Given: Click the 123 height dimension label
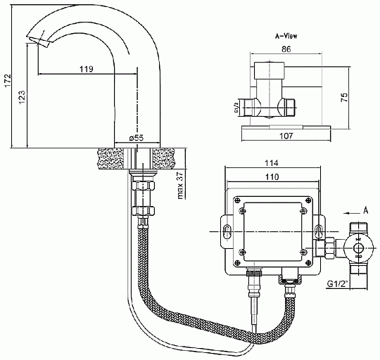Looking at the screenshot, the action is pyautogui.click(x=22, y=97).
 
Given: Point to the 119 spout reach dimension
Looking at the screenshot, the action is pyautogui.click(x=87, y=69).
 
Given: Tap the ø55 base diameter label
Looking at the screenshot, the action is pyautogui.click(x=137, y=138).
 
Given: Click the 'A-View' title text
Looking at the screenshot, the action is pyautogui.click(x=286, y=36).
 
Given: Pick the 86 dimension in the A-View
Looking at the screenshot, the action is pyautogui.click(x=286, y=49).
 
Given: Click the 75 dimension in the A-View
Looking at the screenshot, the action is pyautogui.click(x=344, y=97).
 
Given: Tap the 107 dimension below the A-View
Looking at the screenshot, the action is pyautogui.click(x=286, y=136).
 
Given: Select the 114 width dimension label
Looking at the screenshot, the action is pyautogui.click(x=271, y=163).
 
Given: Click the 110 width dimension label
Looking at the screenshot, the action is pyautogui.click(x=272, y=177).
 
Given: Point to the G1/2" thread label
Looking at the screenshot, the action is pyautogui.click(x=338, y=283).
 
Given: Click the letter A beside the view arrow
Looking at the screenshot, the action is pyautogui.click(x=365, y=210).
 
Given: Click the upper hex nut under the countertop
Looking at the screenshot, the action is pyautogui.click(x=143, y=186).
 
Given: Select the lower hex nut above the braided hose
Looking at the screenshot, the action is pyautogui.click(x=143, y=211).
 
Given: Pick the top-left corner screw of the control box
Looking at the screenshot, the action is pyautogui.click(x=238, y=200).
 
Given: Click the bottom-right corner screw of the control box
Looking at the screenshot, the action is pyautogui.click(x=308, y=262).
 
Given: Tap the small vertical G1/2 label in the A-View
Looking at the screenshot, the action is pyautogui.click(x=236, y=108).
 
